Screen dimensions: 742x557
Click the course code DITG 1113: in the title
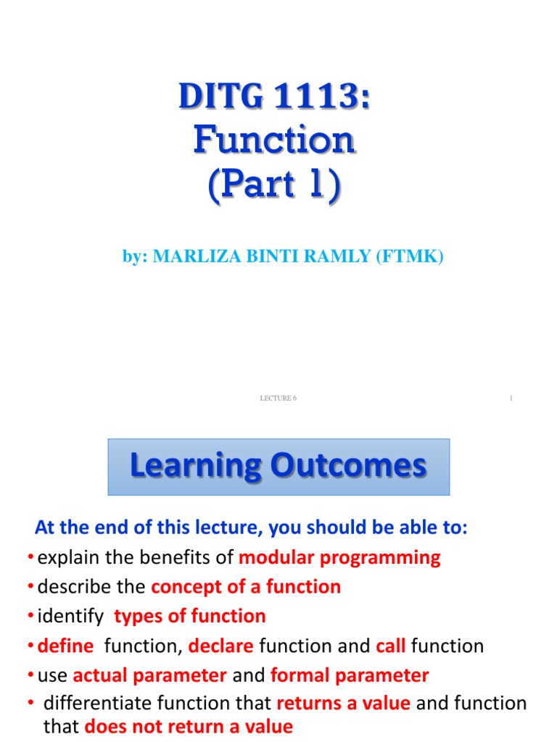coord(274,97)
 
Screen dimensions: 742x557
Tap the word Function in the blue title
coord(274,141)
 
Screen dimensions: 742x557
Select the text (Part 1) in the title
coord(274,184)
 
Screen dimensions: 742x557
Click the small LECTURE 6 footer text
coord(278,398)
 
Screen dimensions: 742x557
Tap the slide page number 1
coord(511,398)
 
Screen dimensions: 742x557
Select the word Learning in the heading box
coord(196,466)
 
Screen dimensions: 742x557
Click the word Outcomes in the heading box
coord(348,466)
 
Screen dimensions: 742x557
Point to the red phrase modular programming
coord(339,557)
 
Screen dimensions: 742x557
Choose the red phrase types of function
coord(190,616)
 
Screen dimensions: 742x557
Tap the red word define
coord(65,646)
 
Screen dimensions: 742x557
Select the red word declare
coord(221,646)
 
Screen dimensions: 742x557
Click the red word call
coord(390,646)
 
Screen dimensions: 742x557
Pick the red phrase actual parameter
coord(149,675)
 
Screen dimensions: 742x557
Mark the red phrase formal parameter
coord(350,675)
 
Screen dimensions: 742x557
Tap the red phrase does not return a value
coord(189,727)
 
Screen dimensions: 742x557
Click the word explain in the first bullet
coord(65,557)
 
